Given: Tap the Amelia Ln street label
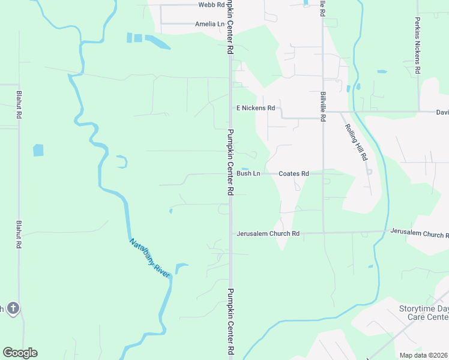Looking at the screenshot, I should (x=209, y=24).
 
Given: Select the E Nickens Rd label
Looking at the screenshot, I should (x=256, y=108).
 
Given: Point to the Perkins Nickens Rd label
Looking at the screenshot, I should (x=417, y=45).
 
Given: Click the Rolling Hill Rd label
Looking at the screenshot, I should (x=356, y=142).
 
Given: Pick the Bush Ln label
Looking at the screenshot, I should (x=248, y=173).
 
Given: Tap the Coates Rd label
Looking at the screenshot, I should (x=294, y=173).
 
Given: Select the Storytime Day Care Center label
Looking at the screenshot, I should (x=424, y=312).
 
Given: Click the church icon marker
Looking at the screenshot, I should (x=13, y=308).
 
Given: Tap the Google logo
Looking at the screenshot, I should (x=20, y=353).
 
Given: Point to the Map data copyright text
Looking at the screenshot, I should (x=424, y=355).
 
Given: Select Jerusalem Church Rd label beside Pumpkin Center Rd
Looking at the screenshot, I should (x=268, y=233).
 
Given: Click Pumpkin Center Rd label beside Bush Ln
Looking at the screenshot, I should (x=230, y=162).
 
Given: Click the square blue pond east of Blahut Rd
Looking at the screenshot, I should (x=38, y=150).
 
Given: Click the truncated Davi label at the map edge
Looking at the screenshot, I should (x=442, y=112).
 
